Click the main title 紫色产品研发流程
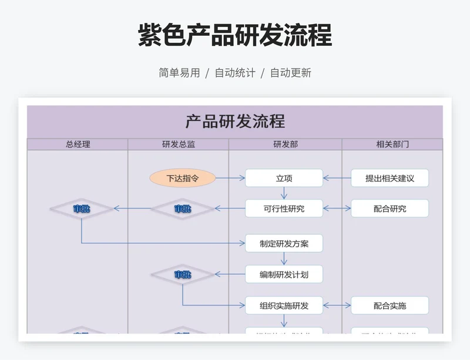pos(235,35)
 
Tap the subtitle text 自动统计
pos(235,73)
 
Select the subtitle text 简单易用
pos(179,73)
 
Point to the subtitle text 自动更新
pos(290,73)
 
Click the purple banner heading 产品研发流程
pos(235,122)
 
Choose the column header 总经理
pos(78,144)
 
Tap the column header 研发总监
pos(179,144)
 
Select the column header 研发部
pos(286,144)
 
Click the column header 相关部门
pos(392,144)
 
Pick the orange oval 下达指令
pos(183,178)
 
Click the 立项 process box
pos(284,178)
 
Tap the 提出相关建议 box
pos(390,178)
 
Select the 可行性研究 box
pos(284,208)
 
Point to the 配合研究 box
pos(390,208)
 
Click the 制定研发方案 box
pos(284,243)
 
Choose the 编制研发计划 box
pos(284,274)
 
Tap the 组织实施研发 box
pos(284,305)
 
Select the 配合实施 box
pos(390,305)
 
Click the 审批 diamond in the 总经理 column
pos(82,208)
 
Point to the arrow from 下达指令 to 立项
pos(230,178)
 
